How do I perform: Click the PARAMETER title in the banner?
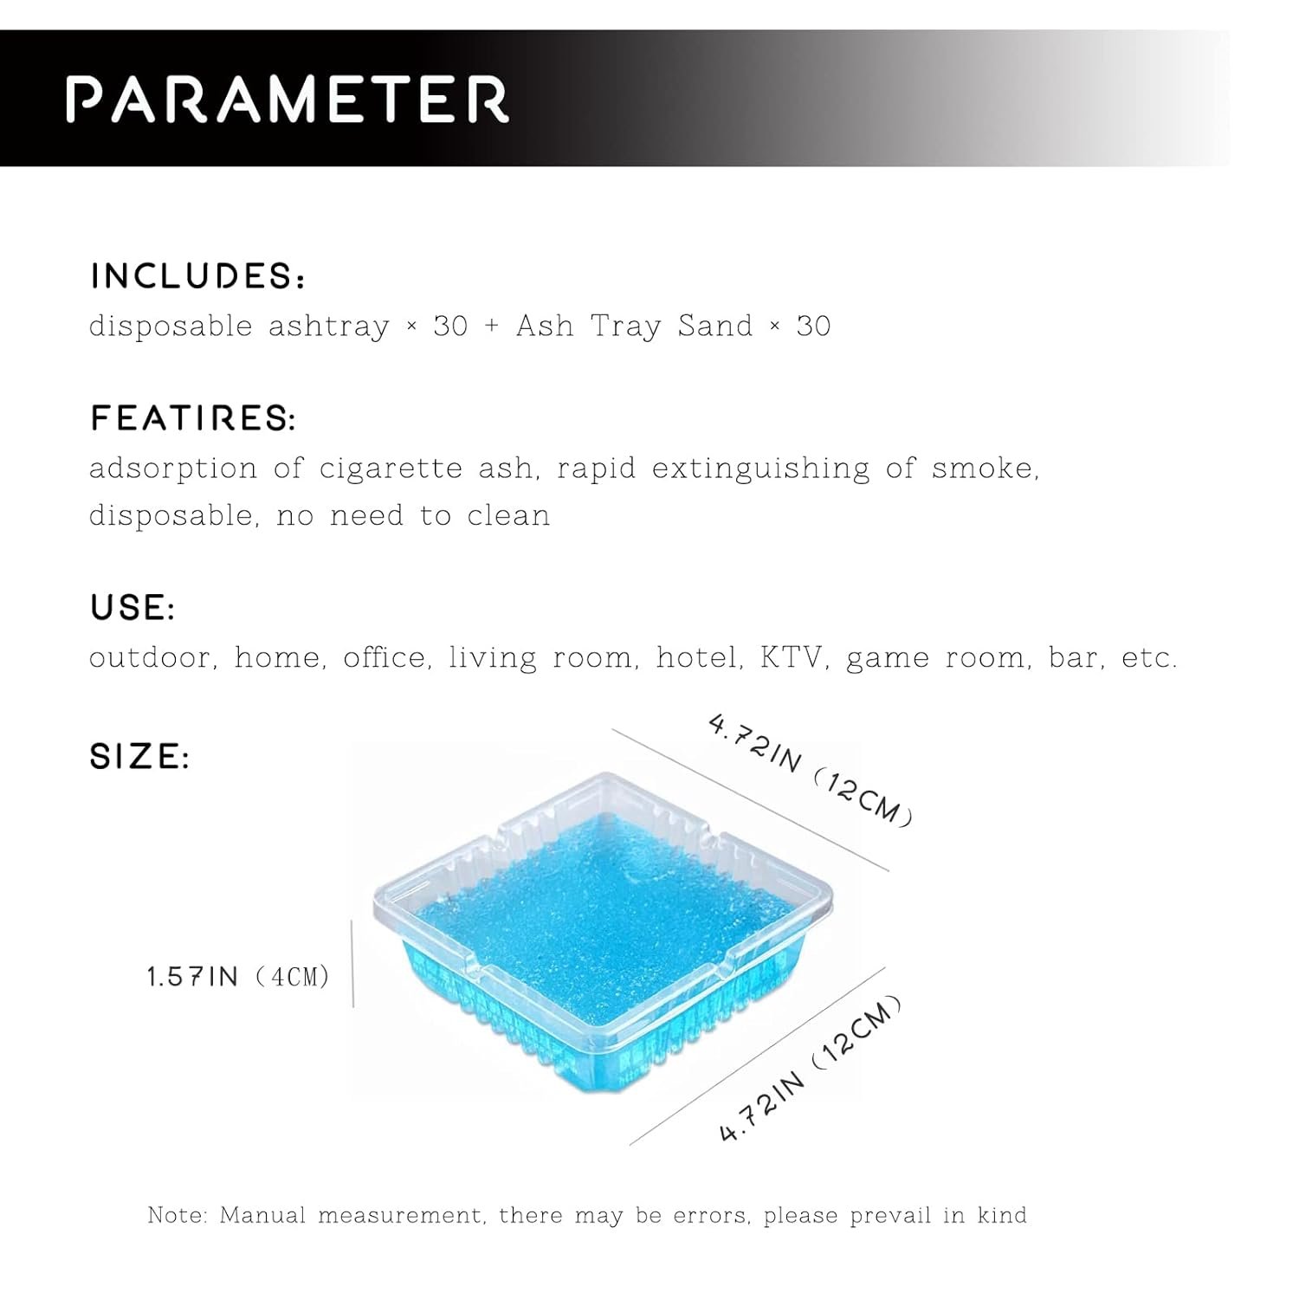[x=288, y=99]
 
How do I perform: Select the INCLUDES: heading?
[x=197, y=276]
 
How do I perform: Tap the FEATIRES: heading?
[x=193, y=418]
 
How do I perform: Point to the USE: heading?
[x=132, y=607]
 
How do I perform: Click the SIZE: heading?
[x=139, y=756]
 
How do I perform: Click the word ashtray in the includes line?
[x=329, y=326]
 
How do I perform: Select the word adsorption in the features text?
[x=173, y=469]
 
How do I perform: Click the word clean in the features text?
[x=508, y=516]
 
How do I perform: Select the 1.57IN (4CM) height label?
[x=238, y=978]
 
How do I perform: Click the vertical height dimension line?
[x=352, y=963]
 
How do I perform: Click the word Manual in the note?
[x=263, y=1215]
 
